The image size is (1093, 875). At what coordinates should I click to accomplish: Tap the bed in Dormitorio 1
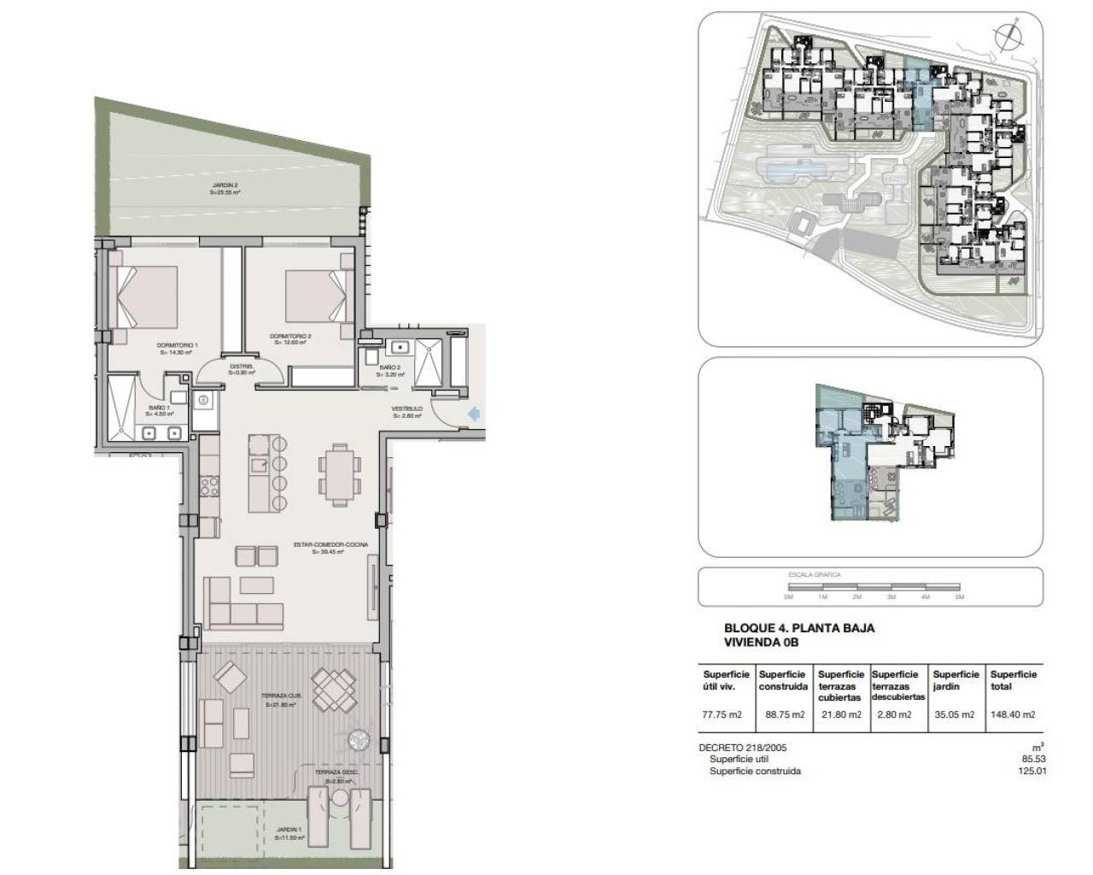(146, 297)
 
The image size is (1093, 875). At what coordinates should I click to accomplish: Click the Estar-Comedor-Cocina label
(319, 547)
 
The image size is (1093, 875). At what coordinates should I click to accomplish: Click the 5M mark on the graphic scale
(959, 596)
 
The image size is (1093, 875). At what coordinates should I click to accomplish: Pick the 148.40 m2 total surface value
(1012, 714)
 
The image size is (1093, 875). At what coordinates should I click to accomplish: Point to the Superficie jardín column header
(955, 680)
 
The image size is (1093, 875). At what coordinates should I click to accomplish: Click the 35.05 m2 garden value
(954, 714)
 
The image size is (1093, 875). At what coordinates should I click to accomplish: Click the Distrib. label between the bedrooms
(238, 370)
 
